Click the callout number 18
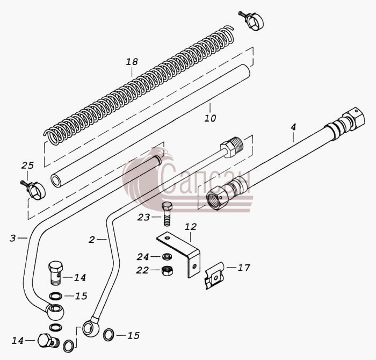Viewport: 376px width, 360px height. click(132, 62)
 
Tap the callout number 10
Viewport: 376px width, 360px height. click(210, 118)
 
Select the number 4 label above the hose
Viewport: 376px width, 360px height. click(293, 127)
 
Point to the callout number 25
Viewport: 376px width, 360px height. click(27, 165)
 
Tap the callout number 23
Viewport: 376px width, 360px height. click(144, 217)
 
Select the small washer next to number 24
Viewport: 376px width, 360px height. click(167, 257)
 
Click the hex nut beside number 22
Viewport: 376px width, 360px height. click(167, 271)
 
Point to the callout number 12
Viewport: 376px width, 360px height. click(191, 227)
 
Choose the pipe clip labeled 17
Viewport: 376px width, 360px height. click(215, 276)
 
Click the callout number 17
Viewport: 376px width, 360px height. click(244, 268)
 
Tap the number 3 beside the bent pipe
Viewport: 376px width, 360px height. click(13, 238)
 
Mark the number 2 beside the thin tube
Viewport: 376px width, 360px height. click(92, 240)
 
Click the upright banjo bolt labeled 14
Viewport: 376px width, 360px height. click(56, 272)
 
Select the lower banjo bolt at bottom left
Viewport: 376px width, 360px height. click(48, 341)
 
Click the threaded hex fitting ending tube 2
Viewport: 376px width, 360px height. click(232, 147)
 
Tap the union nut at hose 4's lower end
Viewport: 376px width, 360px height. click(218, 197)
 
